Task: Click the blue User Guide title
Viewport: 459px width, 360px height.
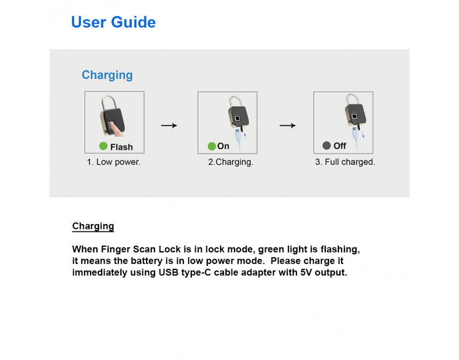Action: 113,22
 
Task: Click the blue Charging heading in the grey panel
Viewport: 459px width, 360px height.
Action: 107,75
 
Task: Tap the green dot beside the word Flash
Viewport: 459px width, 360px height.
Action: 103,146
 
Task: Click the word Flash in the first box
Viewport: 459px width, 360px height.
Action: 121,147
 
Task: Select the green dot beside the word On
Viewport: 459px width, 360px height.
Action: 212,146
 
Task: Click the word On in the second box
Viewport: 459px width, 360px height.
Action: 224,146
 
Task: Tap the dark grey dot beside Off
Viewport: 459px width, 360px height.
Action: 326,146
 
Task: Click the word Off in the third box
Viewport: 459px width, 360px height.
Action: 340,146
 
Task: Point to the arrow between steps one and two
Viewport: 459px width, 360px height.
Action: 169,125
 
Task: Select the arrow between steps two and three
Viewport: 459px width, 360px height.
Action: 288,125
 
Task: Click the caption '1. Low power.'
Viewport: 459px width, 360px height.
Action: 114,162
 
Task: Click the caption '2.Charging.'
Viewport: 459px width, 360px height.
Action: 230,162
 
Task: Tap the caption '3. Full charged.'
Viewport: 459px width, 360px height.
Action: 345,162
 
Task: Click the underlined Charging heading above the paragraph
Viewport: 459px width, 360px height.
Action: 93,226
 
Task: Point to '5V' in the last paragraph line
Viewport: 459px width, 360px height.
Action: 305,272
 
